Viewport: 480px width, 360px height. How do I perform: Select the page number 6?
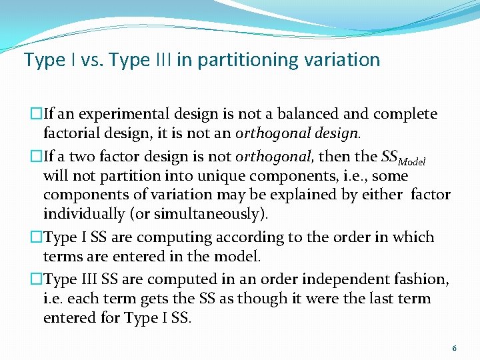pos(454,348)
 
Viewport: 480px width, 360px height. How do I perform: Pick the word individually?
pos(84,214)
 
